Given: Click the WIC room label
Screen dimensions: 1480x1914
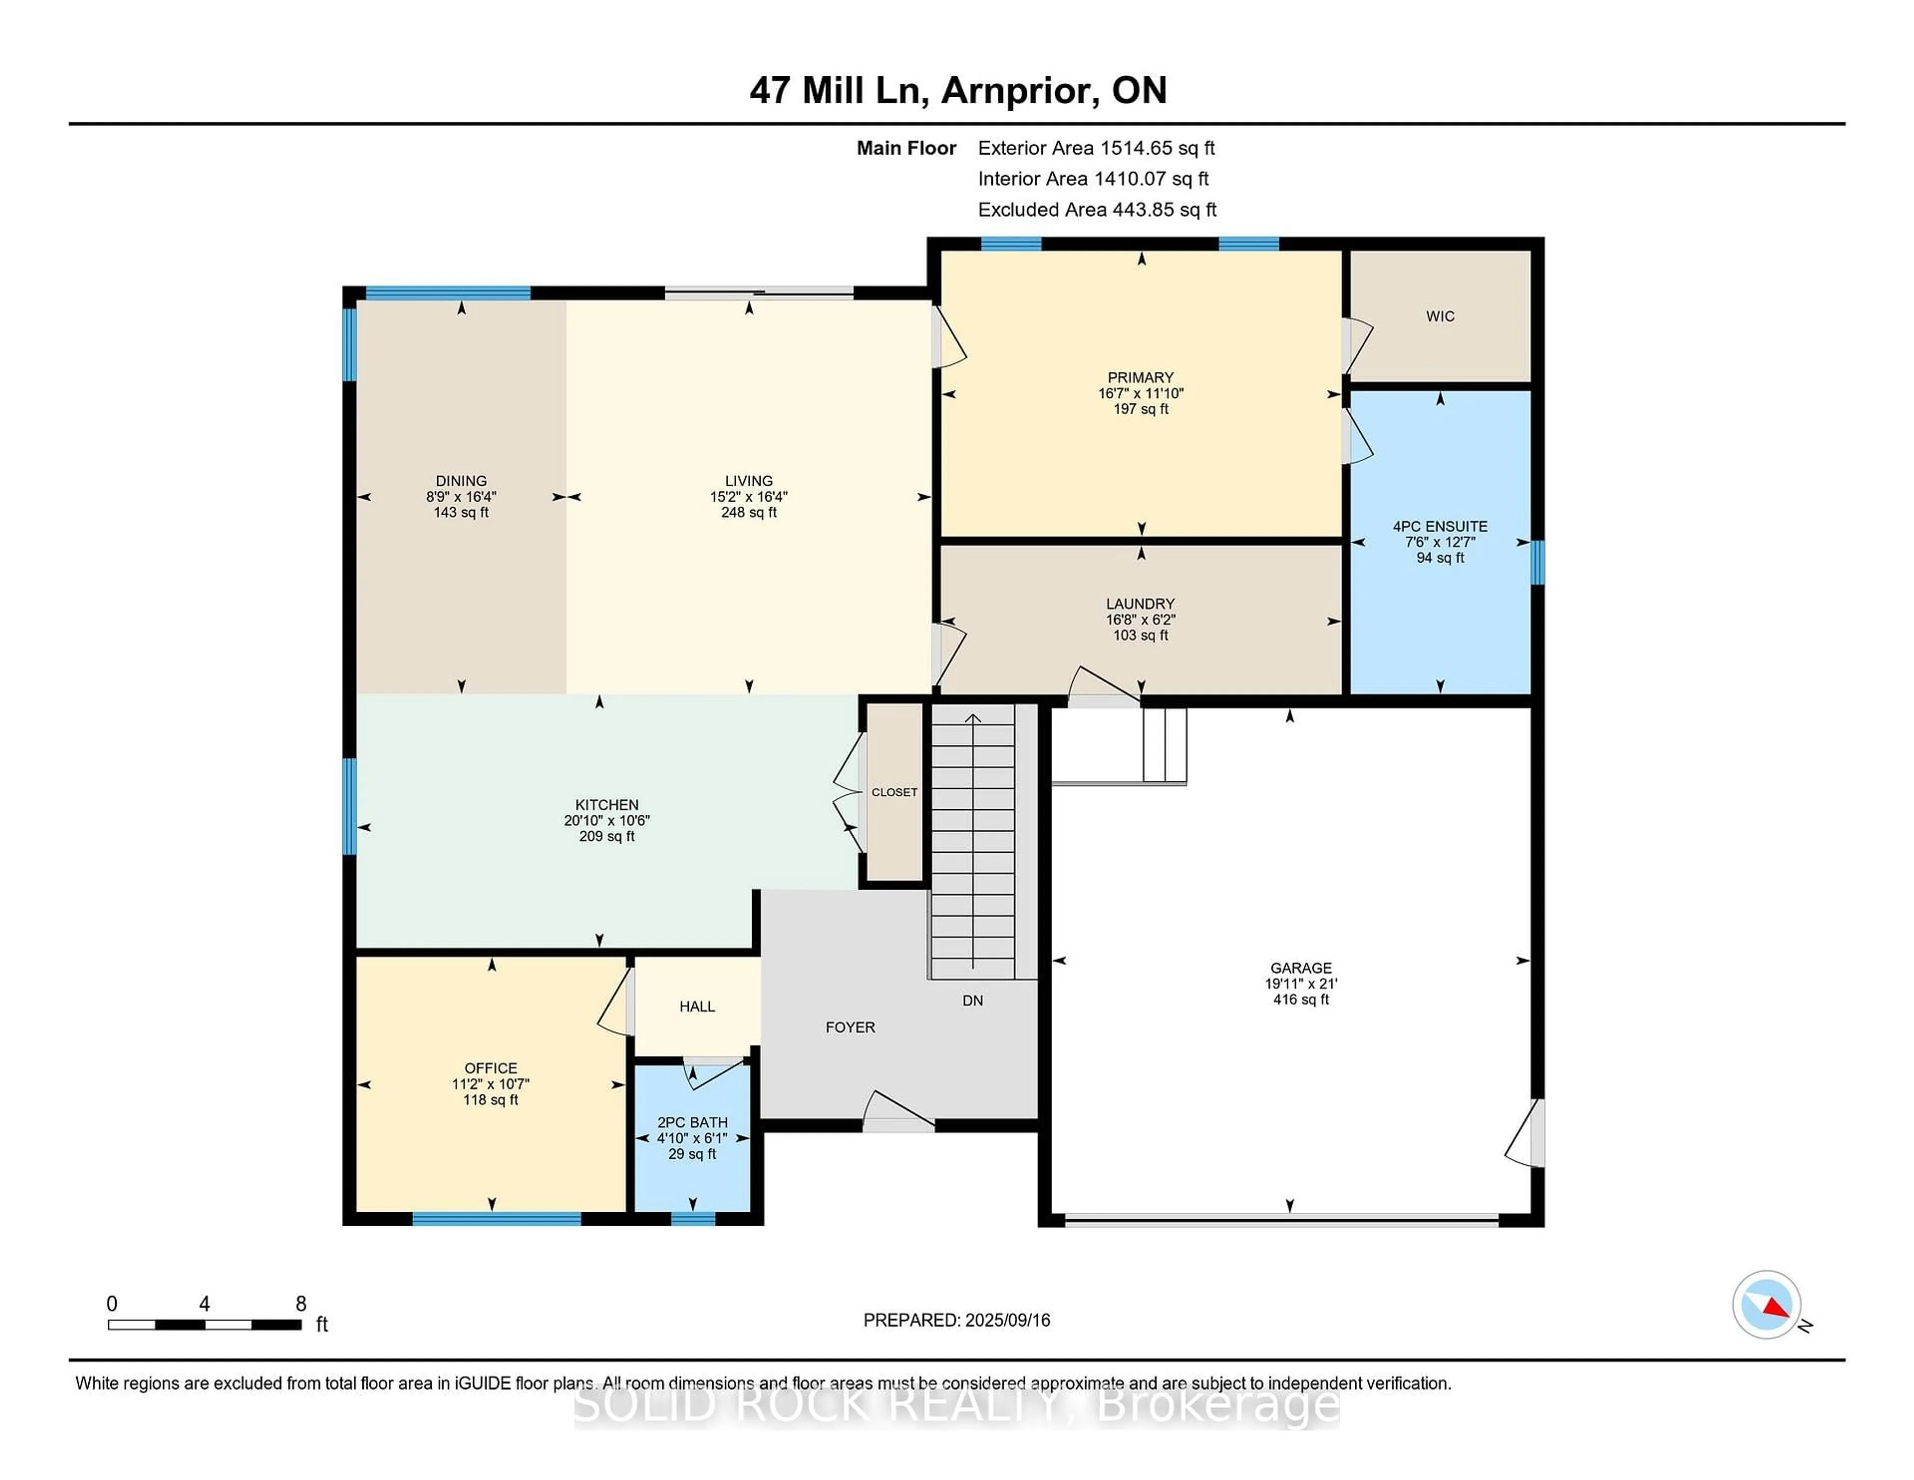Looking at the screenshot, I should (1440, 317).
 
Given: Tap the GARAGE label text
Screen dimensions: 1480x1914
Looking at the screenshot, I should (1300, 968).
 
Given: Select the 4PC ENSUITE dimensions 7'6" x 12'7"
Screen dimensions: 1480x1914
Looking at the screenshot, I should (1440, 542).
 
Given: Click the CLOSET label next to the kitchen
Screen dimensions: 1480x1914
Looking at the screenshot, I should (894, 792).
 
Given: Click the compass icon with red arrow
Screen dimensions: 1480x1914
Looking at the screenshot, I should (1766, 1304).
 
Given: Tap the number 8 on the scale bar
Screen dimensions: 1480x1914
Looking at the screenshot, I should (301, 1304).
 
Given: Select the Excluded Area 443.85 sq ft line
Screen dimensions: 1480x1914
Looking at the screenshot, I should (1097, 209).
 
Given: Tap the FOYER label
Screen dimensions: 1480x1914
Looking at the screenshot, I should (850, 1027).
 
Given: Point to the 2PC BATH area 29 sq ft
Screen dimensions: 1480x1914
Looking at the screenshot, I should (692, 1154).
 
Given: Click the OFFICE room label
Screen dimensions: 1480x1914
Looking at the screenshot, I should (491, 1068).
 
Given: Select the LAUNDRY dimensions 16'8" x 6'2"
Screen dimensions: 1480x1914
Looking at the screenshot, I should (1140, 619).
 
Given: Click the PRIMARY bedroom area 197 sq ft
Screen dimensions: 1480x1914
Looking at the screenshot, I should (1140, 408).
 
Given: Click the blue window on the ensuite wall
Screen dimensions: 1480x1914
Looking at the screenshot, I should (1537, 562).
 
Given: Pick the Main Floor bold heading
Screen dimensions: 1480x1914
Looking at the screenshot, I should (906, 148).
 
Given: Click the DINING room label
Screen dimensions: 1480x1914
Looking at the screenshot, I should (461, 481).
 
